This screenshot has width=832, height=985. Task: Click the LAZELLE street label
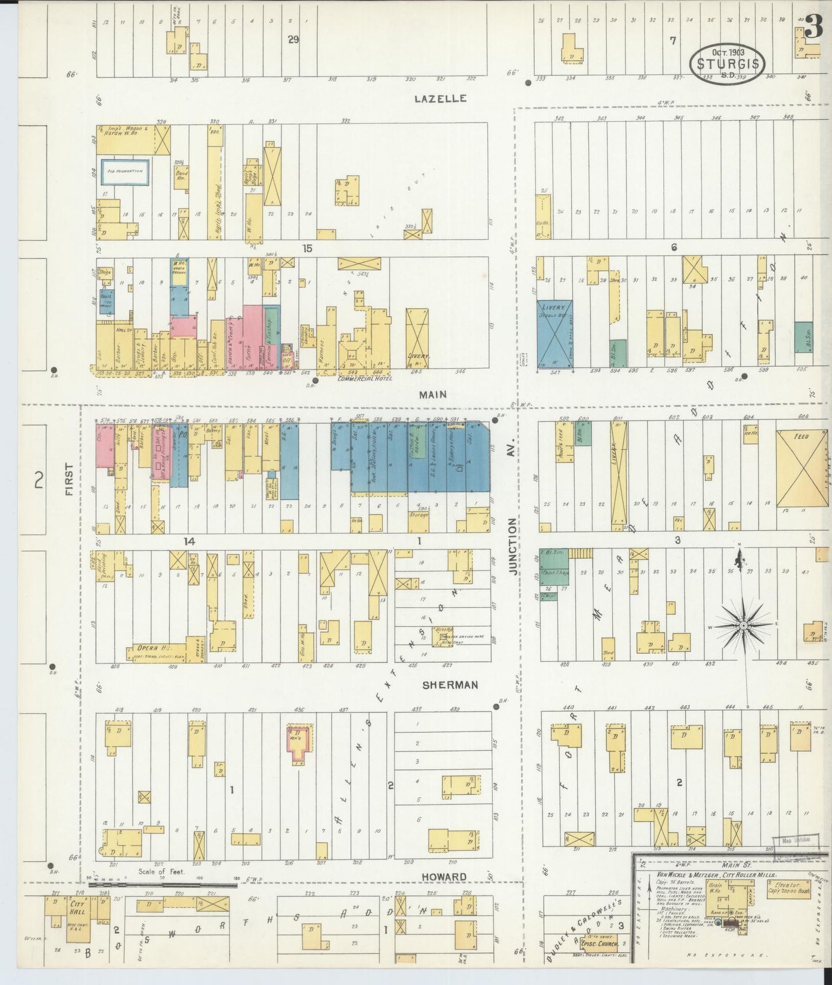(440, 99)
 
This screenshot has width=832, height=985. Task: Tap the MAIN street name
(433, 395)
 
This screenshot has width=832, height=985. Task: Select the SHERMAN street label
(450, 685)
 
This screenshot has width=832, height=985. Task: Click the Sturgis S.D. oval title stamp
(727, 64)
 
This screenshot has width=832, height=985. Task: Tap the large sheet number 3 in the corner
(813, 27)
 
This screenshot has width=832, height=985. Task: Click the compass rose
(743, 625)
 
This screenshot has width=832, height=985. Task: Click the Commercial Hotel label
(365, 378)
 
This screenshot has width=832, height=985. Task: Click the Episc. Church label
(599, 944)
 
